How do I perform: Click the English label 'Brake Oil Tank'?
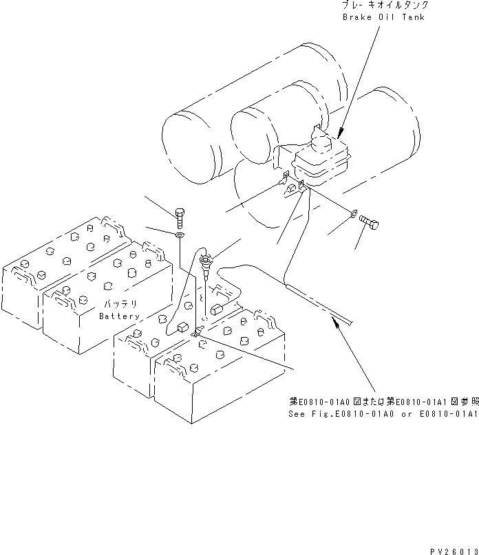pos(383,17)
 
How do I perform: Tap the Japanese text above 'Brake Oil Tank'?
pos(383,6)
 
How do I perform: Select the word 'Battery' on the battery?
pos(119,316)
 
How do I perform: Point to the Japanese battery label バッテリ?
pos(120,303)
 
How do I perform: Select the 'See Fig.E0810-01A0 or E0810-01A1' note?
pos(383,415)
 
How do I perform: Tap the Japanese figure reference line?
pos(383,402)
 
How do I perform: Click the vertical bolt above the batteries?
pos(180,216)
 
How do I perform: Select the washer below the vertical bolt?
pos(180,235)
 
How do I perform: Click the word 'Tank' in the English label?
pos(412,17)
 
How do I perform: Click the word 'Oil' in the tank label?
pos(385,17)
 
